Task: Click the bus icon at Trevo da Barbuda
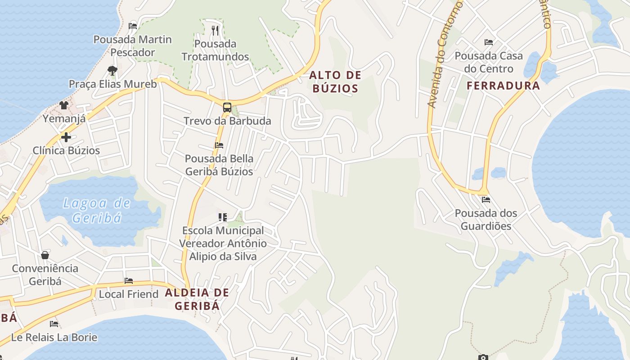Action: point(227,108)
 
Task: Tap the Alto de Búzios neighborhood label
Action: point(335,81)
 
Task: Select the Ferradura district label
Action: point(503,85)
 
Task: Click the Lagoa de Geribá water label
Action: point(97,211)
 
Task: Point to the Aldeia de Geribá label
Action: point(197,299)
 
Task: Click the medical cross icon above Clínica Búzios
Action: point(66,137)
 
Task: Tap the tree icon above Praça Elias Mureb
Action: point(112,71)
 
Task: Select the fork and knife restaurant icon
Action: point(215,30)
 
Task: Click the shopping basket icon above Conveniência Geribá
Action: point(45,255)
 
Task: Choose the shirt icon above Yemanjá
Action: point(64,105)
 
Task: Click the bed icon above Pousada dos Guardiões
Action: point(486,199)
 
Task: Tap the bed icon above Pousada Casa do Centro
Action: point(489,42)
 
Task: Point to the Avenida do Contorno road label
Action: point(445,54)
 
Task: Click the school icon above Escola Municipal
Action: point(222,217)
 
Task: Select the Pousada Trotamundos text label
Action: point(215,50)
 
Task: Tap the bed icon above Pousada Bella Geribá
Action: point(219,145)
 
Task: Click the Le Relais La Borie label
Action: point(54,337)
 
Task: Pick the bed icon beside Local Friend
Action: point(129,281)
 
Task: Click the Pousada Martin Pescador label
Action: point(133,46)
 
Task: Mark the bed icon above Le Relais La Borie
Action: point(54,324)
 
